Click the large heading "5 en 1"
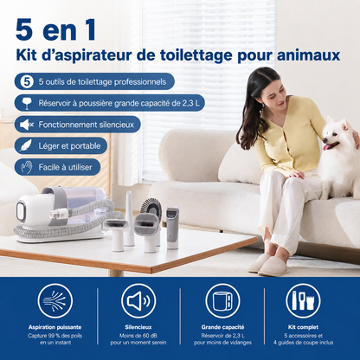coord(55,30)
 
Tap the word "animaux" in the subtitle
coord(308,55)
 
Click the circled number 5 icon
coord(27,81)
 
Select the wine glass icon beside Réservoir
coord(27,103)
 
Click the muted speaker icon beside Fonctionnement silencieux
coord(27,125)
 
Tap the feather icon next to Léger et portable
coord(26,145)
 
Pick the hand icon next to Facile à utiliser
coord(27,167)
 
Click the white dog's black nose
coord(325,140)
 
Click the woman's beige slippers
coord(267,265)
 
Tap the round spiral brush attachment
coord(151,206)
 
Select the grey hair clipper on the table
coord(172,228)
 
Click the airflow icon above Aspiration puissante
coord(55,301)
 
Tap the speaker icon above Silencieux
coord(138,301)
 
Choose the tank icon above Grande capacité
coord(222,301)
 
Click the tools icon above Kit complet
coord(303,301)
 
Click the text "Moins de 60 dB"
coord(138,336)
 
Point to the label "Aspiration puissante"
coord(55,327)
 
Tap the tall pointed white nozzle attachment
coord(129,218)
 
